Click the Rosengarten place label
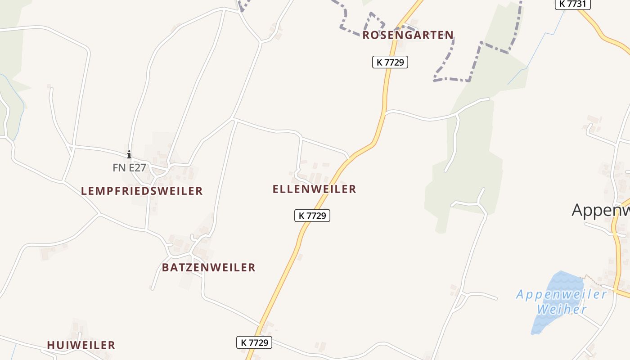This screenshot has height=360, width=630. coord(408,35)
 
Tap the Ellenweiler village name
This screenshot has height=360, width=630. coord(314,189)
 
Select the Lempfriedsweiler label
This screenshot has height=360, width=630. coord(142,191)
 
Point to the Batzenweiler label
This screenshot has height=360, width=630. coord(208,267)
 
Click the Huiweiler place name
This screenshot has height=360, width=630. coord(81,345)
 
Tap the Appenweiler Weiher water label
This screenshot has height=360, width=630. coord(562,302)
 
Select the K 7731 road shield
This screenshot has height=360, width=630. coord(572,4)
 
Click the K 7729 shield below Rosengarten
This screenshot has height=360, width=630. coord(390,62)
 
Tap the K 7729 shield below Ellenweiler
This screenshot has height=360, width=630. coord(312,216)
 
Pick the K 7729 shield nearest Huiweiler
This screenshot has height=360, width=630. coord(254,342)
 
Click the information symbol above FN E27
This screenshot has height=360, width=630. coord(129,154)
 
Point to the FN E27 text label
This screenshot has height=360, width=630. coord(129,168)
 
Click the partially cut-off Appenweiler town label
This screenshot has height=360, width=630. coord(600,210)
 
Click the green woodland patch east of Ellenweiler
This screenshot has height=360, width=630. coord(468,180)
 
